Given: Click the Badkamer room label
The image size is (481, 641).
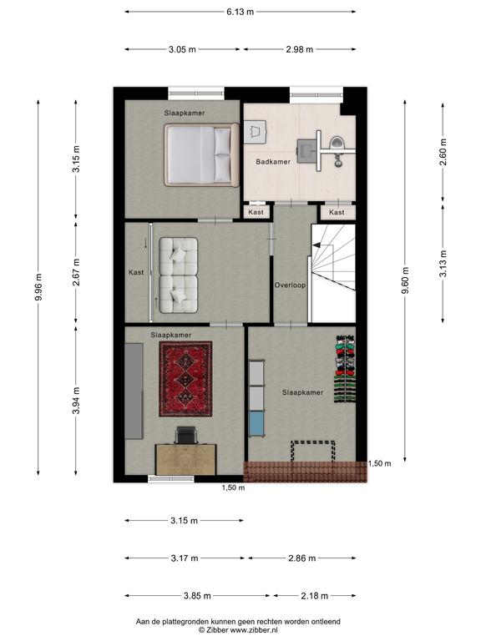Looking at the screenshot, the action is click(273, 161).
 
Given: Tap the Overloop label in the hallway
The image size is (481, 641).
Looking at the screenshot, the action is click(290, 285).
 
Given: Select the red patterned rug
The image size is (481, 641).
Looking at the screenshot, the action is click(185, 379).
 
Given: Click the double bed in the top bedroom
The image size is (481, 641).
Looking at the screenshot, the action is click(201, 155).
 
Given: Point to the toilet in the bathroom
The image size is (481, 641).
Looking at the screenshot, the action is click(338, 142).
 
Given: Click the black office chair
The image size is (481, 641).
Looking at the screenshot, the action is click(186, 435).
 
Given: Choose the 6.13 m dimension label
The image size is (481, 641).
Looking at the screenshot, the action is click(240, 12).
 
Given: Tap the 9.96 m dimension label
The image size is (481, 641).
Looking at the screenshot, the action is click(38, 287).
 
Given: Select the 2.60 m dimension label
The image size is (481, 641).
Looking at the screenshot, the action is click(443, 152).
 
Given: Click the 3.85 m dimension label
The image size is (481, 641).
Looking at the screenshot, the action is click(197, 596).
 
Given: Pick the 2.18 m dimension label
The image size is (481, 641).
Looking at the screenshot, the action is click(315, 596).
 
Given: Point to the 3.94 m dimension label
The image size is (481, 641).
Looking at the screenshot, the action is click(76, 401).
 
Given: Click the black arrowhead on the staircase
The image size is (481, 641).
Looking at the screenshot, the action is click(316, 245).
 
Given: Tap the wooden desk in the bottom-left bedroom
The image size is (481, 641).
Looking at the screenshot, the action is click(185, 460).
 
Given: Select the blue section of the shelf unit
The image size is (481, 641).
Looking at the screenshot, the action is click(256, 424).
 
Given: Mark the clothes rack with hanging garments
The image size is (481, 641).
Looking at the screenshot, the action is click(345, 369).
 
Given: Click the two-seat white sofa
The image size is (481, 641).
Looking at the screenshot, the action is click(179, 275).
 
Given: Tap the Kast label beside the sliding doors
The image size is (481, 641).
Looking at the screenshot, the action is click(136, 272).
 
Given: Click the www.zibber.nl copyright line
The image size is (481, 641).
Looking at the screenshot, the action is click(238, 630).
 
